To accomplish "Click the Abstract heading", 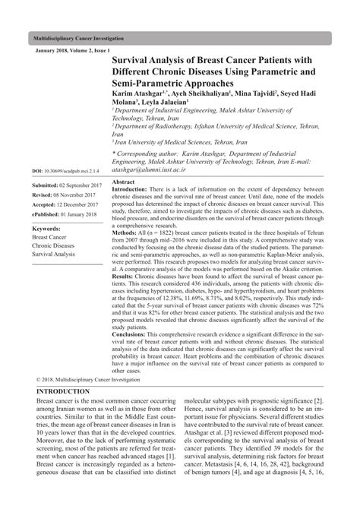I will coord(123,183).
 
